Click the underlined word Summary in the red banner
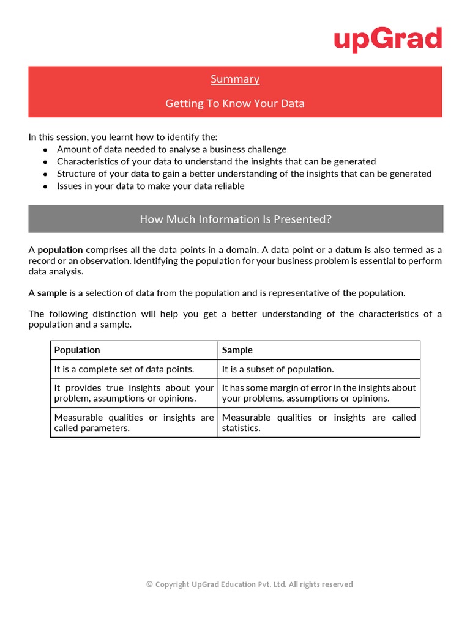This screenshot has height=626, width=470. (x=235, y=79)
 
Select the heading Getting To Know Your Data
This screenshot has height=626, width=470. (x=235, y=103)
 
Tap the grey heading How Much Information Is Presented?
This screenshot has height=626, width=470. (x=236, y=219)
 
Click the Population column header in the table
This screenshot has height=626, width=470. (x=77, y=350)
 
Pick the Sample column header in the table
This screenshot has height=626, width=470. (x=237, y=350)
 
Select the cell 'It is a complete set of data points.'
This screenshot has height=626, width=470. (x=124, y=369)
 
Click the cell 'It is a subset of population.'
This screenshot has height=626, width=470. (x=278, y=369)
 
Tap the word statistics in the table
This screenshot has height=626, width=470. (x=241, y=428)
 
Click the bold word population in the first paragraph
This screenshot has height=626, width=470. (x=60, y=250)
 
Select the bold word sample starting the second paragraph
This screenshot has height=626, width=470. (x=52, y=293)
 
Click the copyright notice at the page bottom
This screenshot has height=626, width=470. (x=250, y=584)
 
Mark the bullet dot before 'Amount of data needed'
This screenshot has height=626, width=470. (x=45, y=150)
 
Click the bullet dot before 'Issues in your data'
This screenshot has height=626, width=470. (x=45, y=186)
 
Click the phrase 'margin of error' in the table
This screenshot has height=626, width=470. (x=283, y=388)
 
